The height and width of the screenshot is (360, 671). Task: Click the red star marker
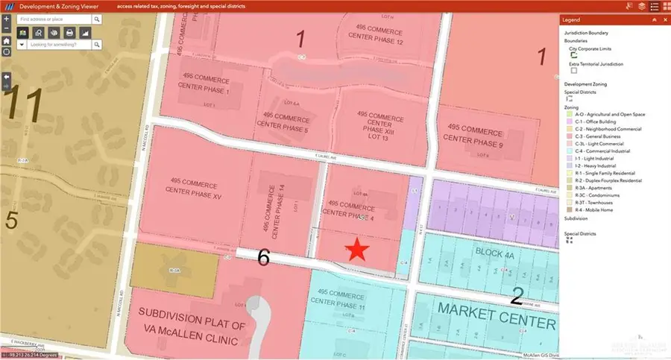[x=357, y=250]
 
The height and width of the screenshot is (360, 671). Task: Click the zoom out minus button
[x=7, y=29]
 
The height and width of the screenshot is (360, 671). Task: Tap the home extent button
[x=7, y=41]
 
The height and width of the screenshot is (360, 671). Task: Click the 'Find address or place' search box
[x=55, y=19]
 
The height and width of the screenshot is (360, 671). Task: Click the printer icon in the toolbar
[x=69, y=33]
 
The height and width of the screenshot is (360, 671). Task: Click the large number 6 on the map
[x=263, y=258]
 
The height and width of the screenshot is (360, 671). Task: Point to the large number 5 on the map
[x=11, y=220]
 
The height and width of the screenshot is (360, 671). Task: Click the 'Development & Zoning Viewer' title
[x=61, y=6]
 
